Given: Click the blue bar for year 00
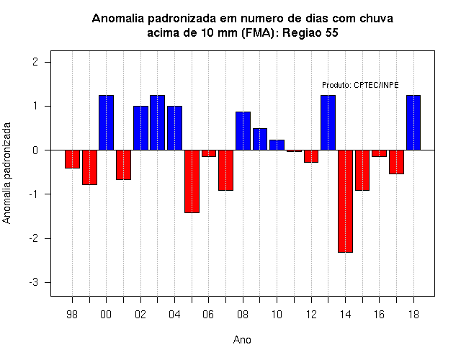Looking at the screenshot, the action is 106,122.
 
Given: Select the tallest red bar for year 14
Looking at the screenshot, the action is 345,202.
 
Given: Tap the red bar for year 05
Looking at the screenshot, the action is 192,181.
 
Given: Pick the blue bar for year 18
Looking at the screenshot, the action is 413,122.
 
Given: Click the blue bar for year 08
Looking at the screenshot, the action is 243,131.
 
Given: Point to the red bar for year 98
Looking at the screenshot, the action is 72,159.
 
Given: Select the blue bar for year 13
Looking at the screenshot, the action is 328,122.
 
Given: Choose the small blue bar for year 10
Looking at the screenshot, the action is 277,145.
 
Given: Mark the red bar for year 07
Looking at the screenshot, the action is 225,170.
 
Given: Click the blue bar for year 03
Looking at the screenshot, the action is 157,122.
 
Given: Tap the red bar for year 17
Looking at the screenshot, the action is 396,162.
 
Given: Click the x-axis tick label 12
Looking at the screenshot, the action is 311,315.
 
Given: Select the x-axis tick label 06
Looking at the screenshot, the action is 208,315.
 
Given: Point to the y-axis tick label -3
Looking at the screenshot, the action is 34,282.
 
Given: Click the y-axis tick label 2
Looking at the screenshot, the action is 35,62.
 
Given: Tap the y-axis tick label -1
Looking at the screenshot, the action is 34,194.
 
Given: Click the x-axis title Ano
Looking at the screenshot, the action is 242,340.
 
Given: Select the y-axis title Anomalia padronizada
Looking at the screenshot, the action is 6,173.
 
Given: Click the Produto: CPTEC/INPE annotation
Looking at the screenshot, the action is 360,85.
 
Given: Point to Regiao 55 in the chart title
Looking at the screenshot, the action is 310,32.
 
